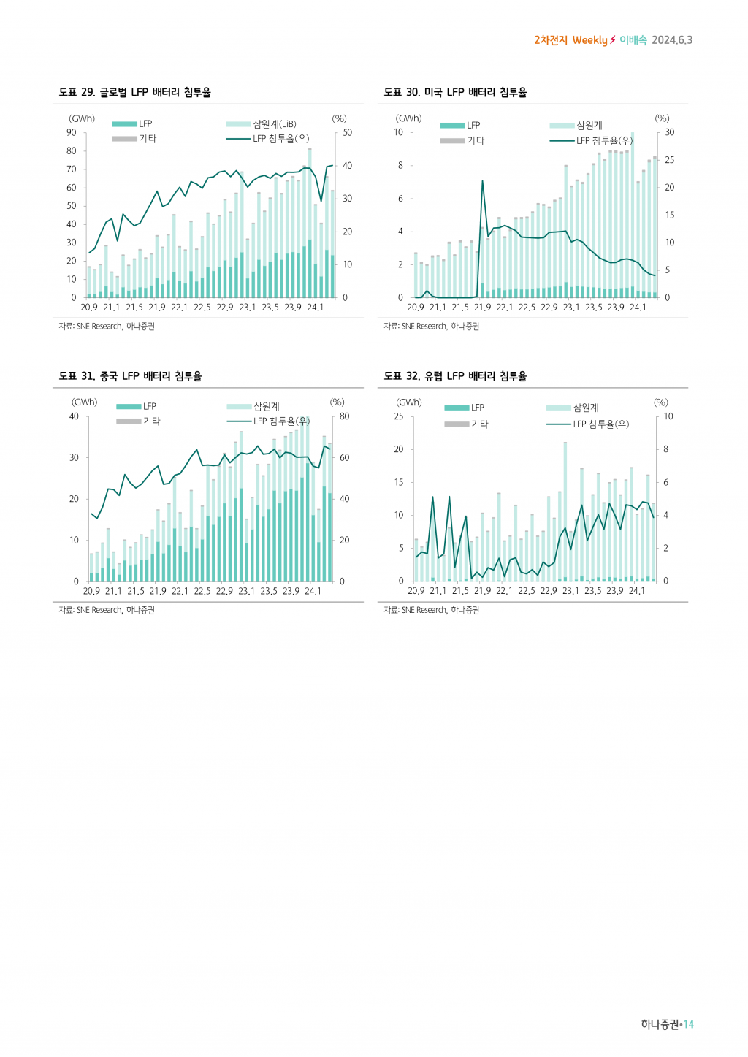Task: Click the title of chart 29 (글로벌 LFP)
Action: point(135,92)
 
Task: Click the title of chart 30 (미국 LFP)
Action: point(455,92)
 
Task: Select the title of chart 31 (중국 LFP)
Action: point(130,376)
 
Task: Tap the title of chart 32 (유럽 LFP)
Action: point(455,376)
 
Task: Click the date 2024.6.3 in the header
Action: point(672,40)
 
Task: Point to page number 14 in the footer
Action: point(689,1024)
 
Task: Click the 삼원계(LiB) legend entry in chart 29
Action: point(274,124)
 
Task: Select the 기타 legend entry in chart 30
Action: point(476,140)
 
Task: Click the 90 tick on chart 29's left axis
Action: point(72,132)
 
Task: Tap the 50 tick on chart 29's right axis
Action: point(348,132)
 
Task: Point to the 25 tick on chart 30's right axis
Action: point(670,160)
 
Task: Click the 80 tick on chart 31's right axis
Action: point(345,416)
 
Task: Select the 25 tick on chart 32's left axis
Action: point(399,416)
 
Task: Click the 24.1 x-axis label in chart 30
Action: point(638,308)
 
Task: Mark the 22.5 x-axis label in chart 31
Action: point(202,591)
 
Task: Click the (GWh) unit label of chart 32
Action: point(409,402)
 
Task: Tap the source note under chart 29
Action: point(107,327)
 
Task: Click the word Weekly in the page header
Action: point(589,40)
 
